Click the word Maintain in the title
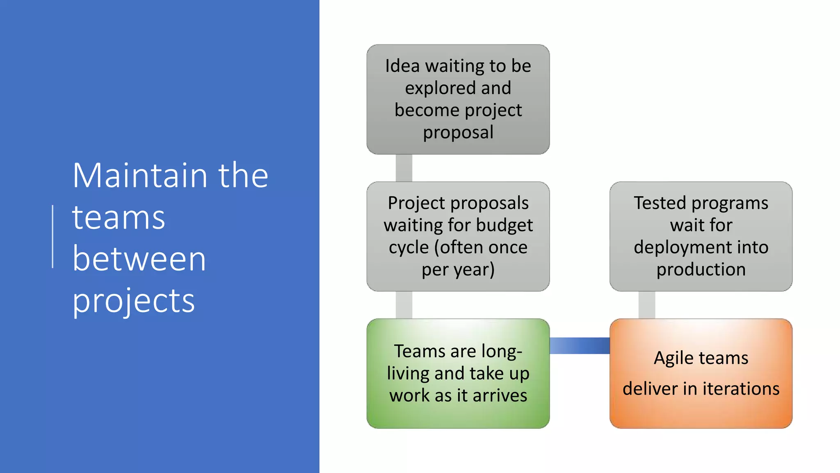click(x=140, y=176)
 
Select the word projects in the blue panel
click(x=133, y=301)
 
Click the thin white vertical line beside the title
click(x=53, y=236)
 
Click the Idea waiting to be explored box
click(x=458, y=99)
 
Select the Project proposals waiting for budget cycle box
click(x=458, y=236)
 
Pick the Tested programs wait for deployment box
click(x=701, y=236)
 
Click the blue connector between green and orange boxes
click(x=579, y=346)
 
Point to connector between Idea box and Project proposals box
click(x=404, y=168)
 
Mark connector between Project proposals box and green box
click(x=404, y=305)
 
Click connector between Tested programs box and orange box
click(x=646, y=305)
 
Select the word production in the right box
click(x=701, y=270)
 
